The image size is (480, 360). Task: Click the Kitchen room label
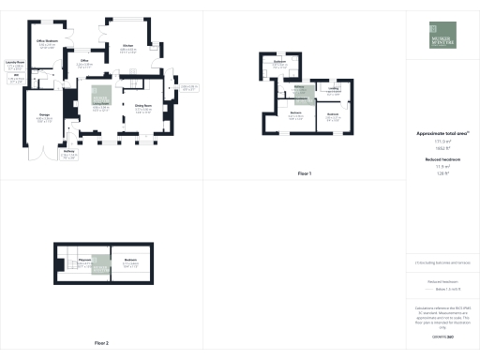(128, 45)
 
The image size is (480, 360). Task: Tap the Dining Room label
(143, 105)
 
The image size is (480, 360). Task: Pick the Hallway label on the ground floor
(68, 149)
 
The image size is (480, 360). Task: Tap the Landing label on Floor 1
(334, 87)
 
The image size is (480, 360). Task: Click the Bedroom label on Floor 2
(130, 260)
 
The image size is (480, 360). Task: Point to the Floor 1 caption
(304, 174)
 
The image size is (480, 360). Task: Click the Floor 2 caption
(101, 343)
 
